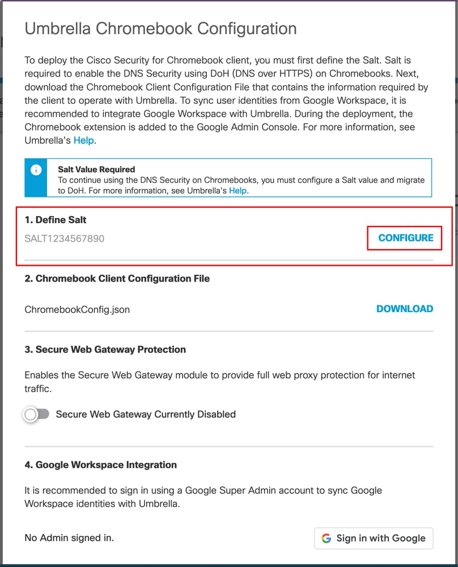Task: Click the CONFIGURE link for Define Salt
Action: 405,238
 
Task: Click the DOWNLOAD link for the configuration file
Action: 404,309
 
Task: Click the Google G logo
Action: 326,538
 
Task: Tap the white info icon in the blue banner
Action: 36,169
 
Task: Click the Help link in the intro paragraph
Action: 83,140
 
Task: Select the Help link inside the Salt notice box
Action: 238,191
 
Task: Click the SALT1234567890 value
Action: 65,238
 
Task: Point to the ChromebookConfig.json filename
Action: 77,309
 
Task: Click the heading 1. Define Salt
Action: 56,220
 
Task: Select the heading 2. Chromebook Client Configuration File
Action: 117,279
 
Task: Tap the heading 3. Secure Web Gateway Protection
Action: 105,350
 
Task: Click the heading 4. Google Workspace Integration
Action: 100,465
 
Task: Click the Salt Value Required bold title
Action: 96,169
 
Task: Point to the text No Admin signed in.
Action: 69,537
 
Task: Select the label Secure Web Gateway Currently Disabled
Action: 146,414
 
